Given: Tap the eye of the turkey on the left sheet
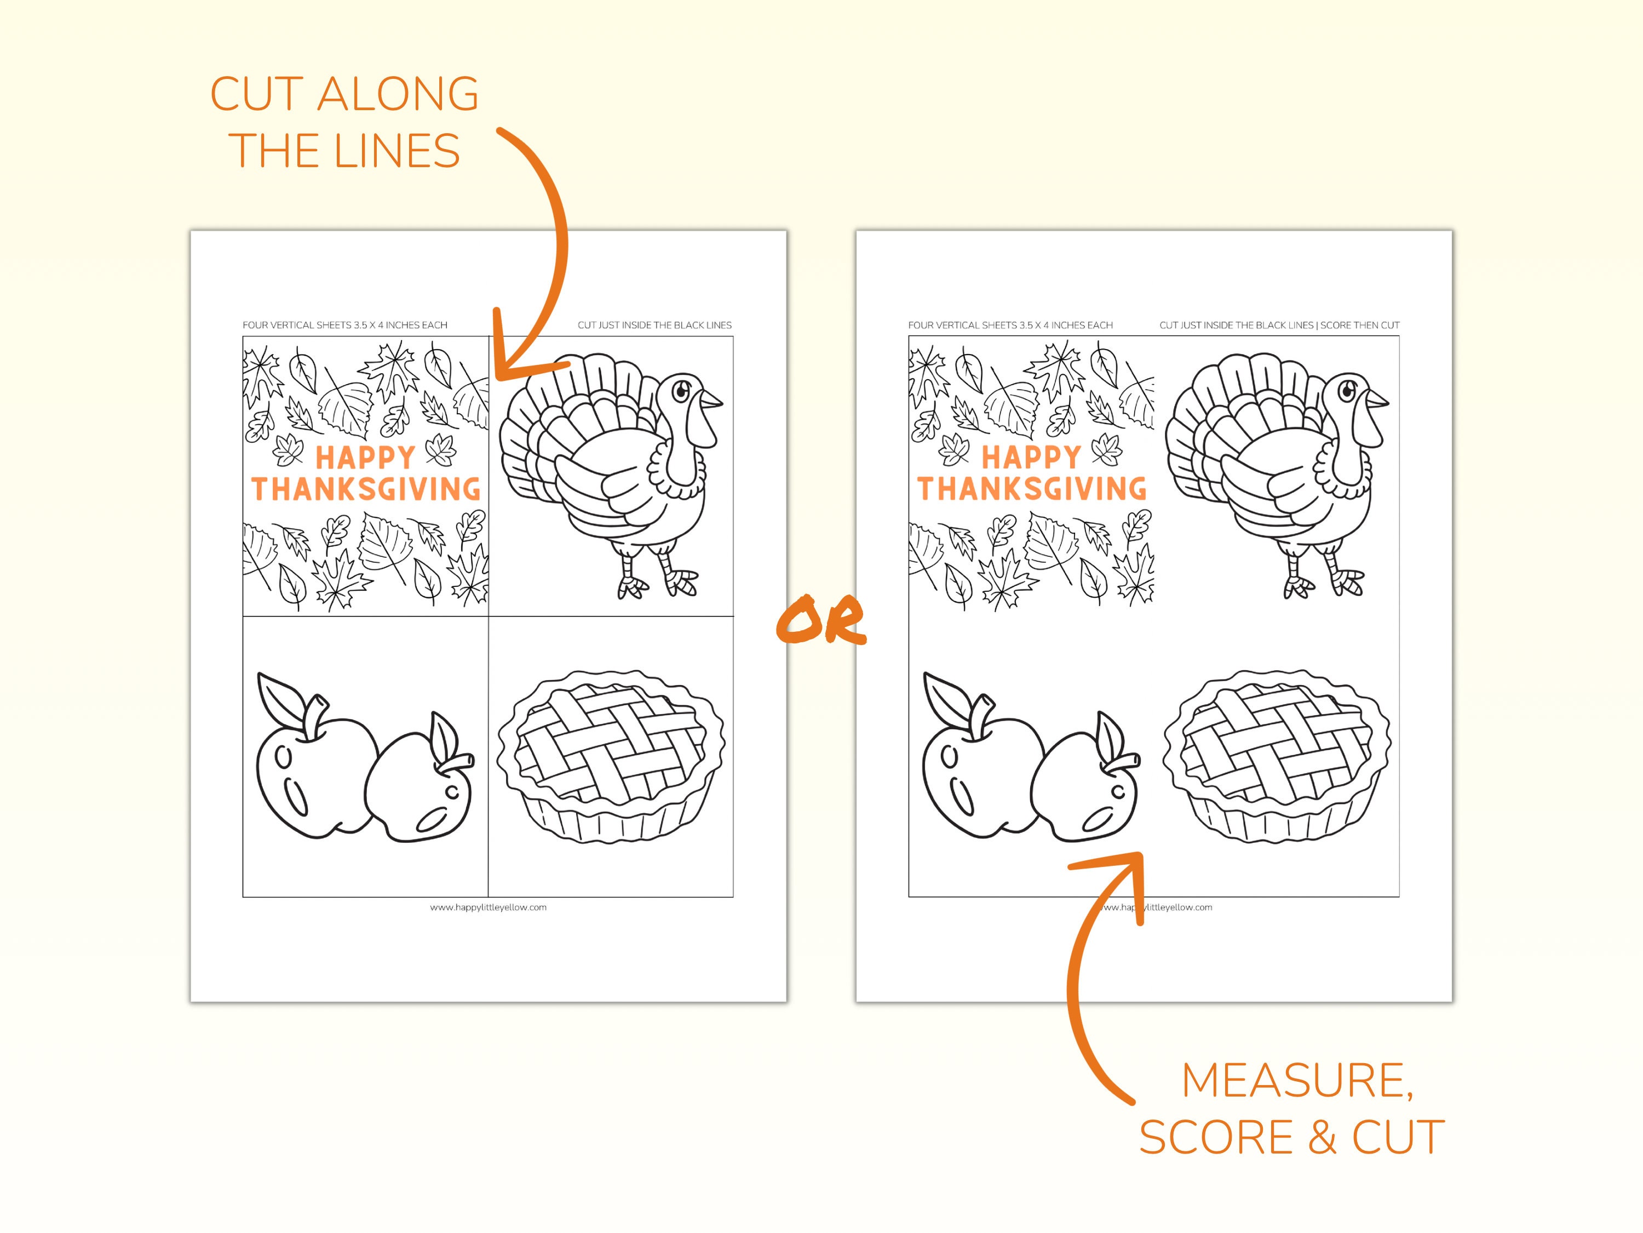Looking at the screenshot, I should point(680,389).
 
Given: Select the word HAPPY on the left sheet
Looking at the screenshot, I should point(365,457).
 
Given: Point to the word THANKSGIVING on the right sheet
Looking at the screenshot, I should point(1032,489).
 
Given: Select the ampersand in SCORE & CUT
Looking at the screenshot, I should point(1322,1138).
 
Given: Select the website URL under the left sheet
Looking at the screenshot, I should point(488,907).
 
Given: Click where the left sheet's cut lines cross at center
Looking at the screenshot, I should point(488,616).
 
